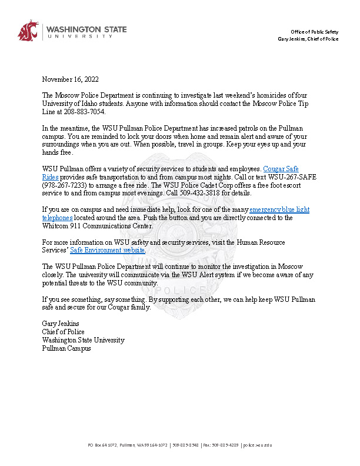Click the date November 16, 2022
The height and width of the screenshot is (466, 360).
[x=70, y=79]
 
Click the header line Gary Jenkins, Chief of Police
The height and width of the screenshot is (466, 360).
[x=308, y=39]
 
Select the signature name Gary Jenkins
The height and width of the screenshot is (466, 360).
[x=61, y=324]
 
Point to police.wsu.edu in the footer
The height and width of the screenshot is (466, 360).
[x=258, y=445]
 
